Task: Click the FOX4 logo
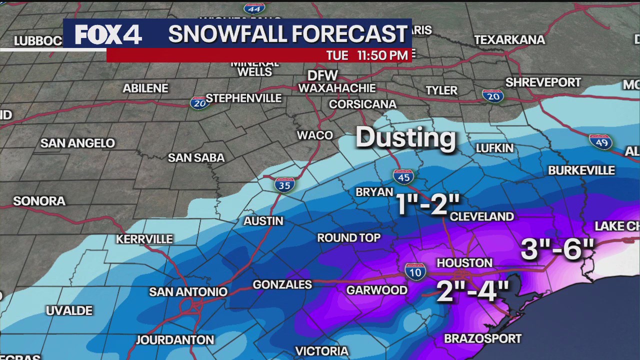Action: click(108, 34)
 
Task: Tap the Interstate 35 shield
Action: click(284, 184)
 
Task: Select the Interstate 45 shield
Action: click(403, 177)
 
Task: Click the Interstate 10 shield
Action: click(415, 271)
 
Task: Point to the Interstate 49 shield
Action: click(600, 142)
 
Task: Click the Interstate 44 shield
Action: click(254, 8)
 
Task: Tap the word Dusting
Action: click(405, 137)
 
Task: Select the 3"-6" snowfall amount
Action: click(557, 248)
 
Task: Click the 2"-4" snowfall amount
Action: click(472, 291)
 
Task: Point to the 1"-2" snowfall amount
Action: click(428, 204)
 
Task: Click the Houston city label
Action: click(464, 263)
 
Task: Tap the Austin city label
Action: click(263, 221)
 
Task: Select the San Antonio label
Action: click(188, 291)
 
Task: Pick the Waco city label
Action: click(315, 135)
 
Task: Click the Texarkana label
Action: click(509, 39)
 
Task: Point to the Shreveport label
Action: click(543, 82)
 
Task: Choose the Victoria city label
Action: click(321, 351)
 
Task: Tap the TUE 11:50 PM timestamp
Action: click(367, 55)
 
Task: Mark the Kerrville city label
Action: click(144, 239)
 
